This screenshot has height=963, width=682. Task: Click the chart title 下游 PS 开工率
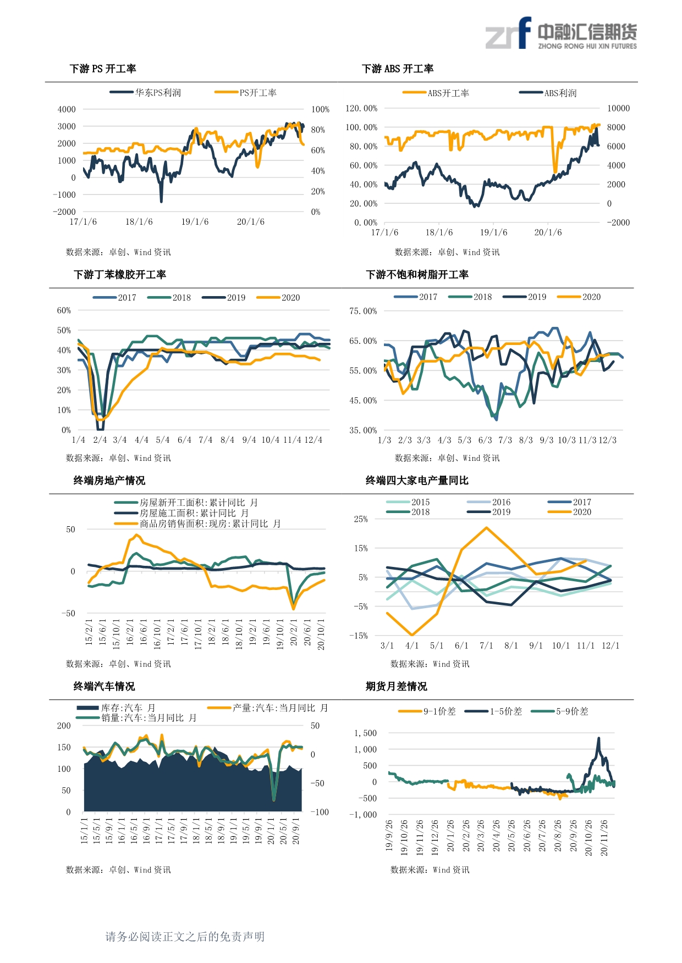tap(103, 69)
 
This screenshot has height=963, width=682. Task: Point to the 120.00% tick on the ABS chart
tap(361, 108)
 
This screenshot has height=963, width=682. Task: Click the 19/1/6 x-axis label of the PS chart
tap(195, 222)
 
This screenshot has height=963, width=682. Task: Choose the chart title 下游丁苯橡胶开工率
tap(120, 275)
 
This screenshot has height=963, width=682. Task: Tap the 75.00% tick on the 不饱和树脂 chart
tap(363, 311)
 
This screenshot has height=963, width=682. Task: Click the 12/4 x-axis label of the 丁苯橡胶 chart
tap(313, 440)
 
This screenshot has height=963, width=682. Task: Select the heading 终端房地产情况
tap(109, 481)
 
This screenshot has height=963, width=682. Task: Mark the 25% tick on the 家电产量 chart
tap(361, 519)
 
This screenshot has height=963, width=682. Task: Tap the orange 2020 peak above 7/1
tap(487, 528)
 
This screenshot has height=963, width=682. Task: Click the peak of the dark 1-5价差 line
tap(598, 738)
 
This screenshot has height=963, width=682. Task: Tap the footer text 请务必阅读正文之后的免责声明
tap(185, 937)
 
